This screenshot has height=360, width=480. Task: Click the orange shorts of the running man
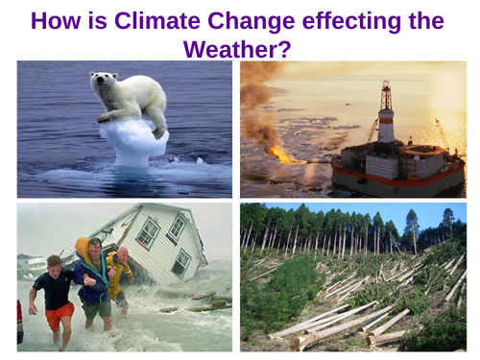[x=59, y=314]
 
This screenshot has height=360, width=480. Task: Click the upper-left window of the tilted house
[x=148, y=231]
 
